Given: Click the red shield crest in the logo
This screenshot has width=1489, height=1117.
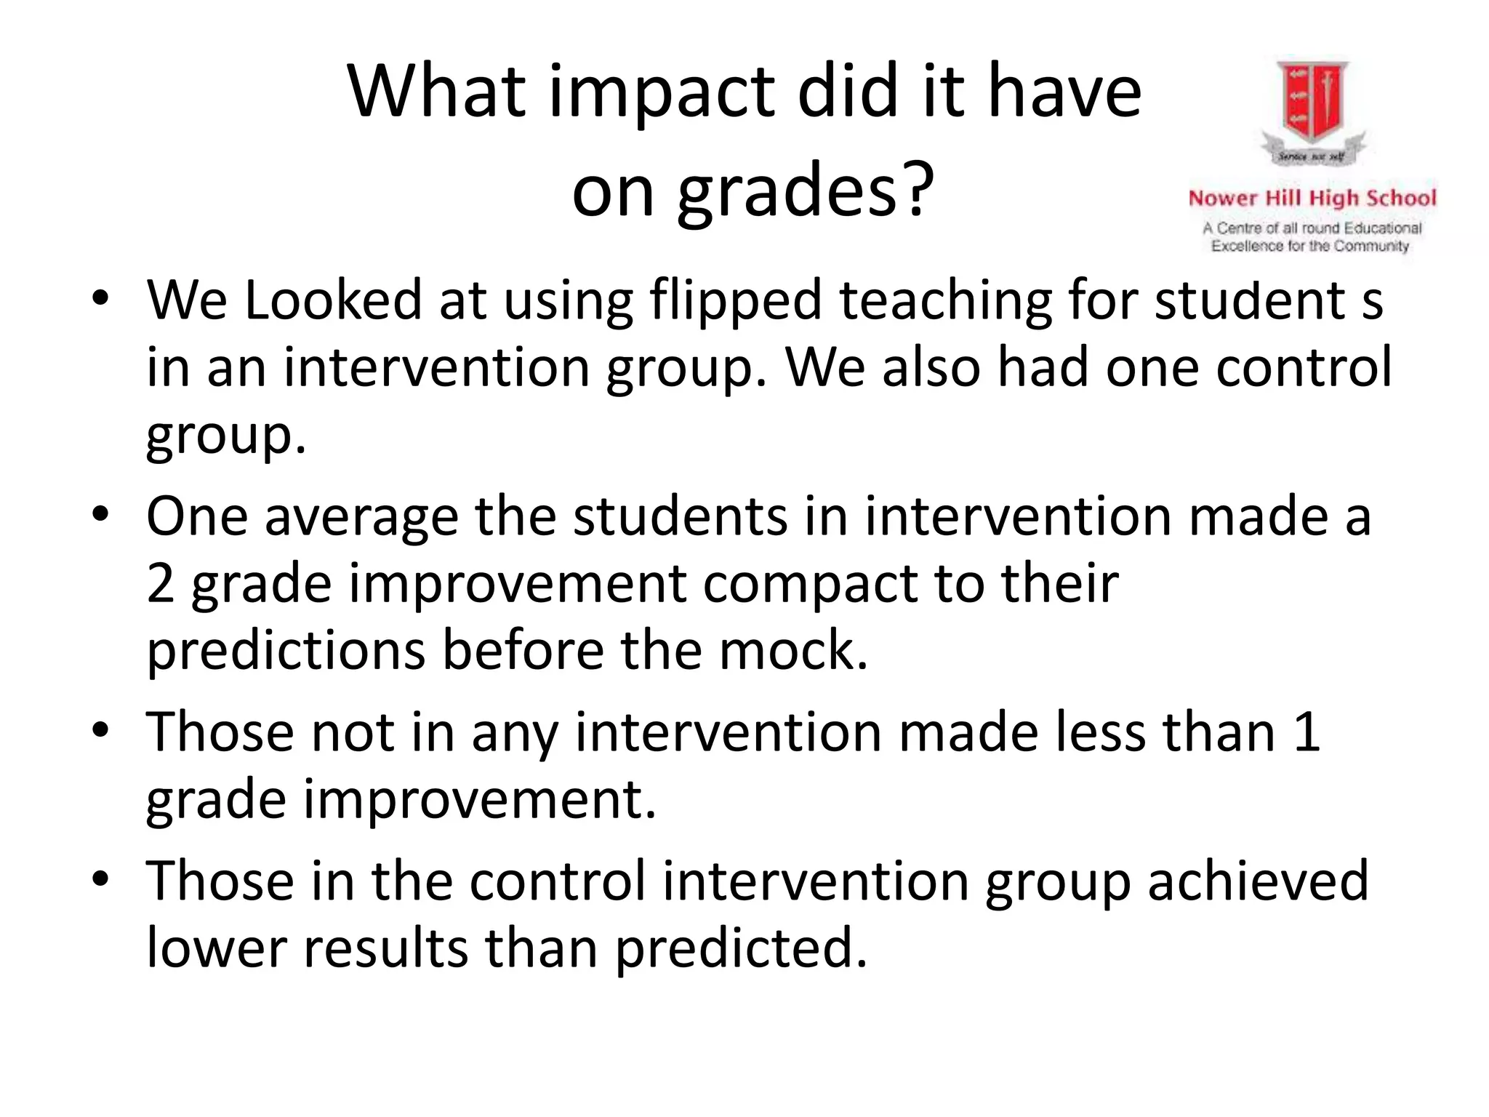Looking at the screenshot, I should (x=1313, y=102).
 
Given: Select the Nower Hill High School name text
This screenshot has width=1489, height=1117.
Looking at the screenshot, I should (x=1312, y=199).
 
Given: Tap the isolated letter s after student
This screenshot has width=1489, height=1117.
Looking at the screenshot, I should (x=1371, y=303).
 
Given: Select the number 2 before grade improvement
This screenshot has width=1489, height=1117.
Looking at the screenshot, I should (x=161, y=583).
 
